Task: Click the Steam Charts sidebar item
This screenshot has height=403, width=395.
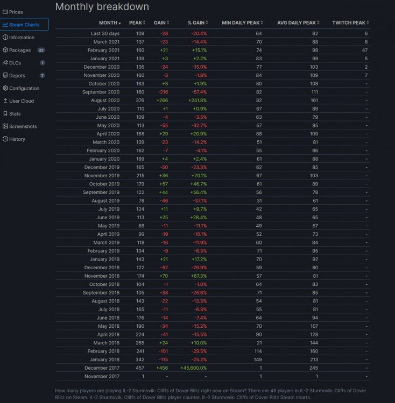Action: (24, 25)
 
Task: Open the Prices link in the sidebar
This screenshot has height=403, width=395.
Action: (16, 12)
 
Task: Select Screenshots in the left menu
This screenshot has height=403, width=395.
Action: (23, 126)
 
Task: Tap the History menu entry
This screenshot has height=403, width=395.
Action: (17, 139)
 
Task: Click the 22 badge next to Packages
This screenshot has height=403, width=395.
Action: (41, 50)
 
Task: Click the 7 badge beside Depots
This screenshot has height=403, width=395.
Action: (42, 76)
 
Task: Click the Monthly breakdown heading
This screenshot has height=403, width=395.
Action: (102, 7)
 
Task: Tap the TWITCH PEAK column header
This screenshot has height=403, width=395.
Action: (348, 23)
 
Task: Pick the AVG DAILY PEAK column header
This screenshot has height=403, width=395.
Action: (296, 23)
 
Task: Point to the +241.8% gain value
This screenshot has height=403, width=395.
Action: (197, 100)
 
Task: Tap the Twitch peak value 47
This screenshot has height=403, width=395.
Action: (365, 50)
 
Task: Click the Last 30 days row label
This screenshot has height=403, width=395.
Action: (105, 33)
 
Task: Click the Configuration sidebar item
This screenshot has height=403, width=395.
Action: (24, 88)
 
